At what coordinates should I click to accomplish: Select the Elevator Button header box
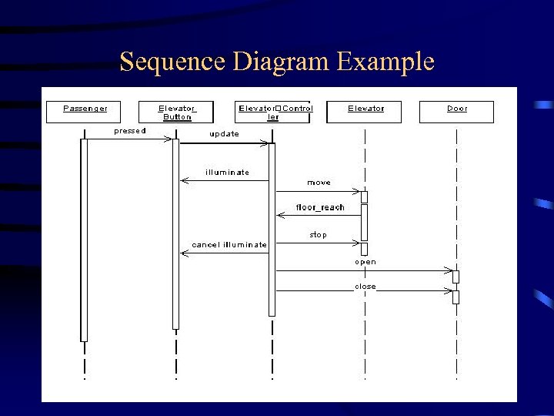pos(178,112)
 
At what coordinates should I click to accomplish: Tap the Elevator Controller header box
pos(275,112)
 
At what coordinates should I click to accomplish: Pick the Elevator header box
pos(365,112)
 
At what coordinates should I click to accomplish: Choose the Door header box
pos(457,112)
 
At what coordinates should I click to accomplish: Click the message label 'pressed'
pos(130,130)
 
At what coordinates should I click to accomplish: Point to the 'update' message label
pos(225,134)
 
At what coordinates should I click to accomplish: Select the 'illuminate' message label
pos(227,172)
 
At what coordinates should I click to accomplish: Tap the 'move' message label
pos(319,183)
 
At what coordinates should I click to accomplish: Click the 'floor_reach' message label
pos(320,207)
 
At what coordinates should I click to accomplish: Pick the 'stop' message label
pos(319,234)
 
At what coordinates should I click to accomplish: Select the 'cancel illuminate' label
pos(229,245)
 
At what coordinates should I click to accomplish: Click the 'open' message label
pos(365,262)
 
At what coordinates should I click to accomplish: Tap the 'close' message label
pos(365,287)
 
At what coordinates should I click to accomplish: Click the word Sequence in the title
pos(165,62)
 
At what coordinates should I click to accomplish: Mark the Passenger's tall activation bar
pos(84,239)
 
